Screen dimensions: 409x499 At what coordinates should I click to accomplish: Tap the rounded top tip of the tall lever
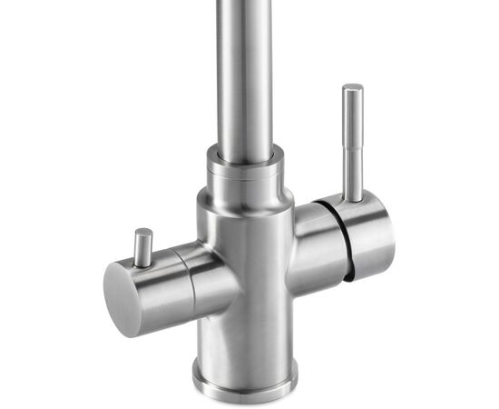coord(352,88)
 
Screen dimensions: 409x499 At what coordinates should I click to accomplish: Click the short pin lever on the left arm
coord(142,247)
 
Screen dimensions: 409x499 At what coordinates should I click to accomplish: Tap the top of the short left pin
coord(142,233)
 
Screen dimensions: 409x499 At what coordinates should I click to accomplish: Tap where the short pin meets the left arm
coord(143,263)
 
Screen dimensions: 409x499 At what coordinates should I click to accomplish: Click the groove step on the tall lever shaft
coord(351,127)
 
